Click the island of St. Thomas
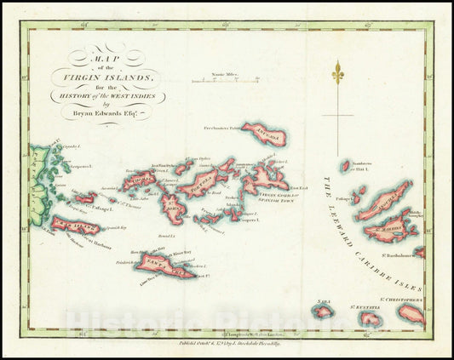[137, 180]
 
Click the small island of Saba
[323, 310]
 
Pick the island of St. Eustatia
[369, 317]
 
